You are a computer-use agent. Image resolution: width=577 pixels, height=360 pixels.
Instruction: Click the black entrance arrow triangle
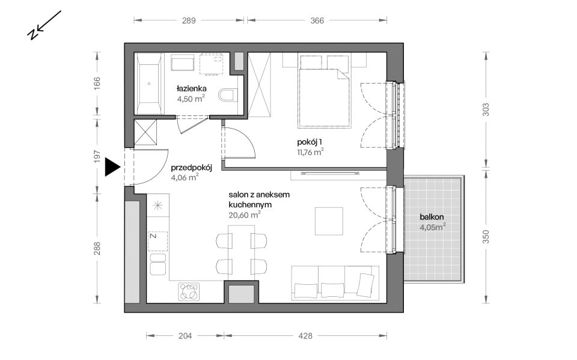tap(112, 167)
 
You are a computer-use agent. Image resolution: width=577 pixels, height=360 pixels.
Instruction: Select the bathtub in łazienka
tap(149, 84)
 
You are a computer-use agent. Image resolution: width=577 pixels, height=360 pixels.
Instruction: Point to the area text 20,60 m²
tap(245, 215)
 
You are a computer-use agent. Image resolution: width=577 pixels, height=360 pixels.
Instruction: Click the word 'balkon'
tap(432, 217)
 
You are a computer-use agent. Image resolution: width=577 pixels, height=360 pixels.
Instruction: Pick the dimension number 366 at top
tap(317, 20)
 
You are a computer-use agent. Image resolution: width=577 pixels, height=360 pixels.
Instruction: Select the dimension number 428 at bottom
tap(305, 336)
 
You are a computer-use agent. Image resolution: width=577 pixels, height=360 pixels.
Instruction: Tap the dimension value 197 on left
tap(97, 156)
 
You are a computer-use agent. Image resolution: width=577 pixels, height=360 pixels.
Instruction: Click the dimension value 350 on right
tap(486, 236)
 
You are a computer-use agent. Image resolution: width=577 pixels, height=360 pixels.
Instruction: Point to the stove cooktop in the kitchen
tap(189, 291)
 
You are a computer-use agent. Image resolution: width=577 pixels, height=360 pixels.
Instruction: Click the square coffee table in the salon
tap(329, 221)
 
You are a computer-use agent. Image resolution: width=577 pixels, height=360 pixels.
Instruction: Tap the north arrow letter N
tap(33, 34)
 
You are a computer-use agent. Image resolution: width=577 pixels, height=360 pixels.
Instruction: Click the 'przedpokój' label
tap(192, 168)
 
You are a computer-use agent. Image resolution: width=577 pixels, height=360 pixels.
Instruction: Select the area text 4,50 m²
tap(191, 99)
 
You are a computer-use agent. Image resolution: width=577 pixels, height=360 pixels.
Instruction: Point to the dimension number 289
tap(189, 20)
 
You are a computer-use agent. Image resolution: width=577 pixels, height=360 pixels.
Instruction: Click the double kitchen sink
tap(158, 264)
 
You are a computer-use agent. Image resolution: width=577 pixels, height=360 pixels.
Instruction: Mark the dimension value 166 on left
tap(97, 84)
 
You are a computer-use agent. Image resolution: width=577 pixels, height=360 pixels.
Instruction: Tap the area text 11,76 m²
tap(310, 152)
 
